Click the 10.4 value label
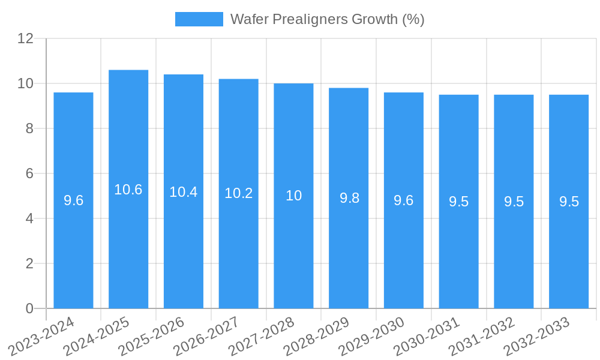(184, 192)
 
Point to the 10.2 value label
(239, 193)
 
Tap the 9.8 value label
(349, 198)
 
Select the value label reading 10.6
(128, 190)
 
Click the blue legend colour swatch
(199, 19)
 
